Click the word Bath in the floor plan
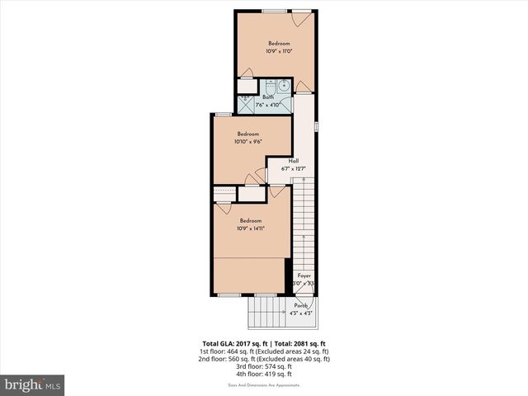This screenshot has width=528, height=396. coord(268,97)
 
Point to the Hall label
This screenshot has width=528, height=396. coord(293,161)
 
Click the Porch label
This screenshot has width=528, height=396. coord(300,305)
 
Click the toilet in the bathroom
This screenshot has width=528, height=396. coord(270,87)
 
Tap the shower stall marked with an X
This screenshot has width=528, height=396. coord(247,104)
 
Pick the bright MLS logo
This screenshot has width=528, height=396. coord(33,384)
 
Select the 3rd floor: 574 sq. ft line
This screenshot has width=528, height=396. coord(264,366)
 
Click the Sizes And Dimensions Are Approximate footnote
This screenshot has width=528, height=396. coord(264,385)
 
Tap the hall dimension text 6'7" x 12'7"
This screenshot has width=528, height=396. coord(294,169)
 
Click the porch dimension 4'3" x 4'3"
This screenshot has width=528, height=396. coord(300,313)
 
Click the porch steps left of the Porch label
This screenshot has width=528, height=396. coord(266,312)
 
